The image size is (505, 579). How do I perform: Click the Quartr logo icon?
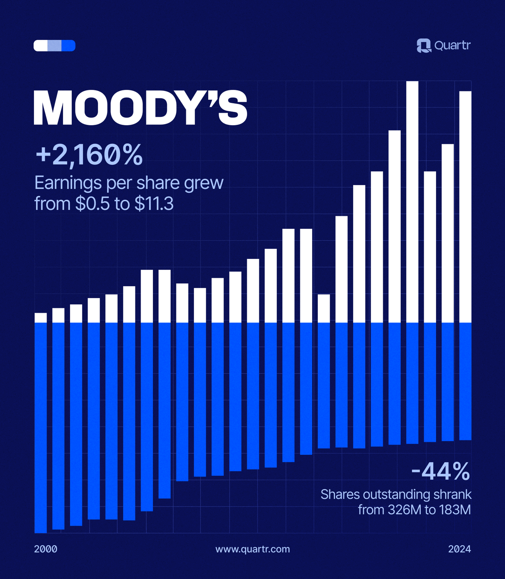pyautogui.click(x=424, y=46)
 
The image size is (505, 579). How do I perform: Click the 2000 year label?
pyautogui.click(x=46, y=549)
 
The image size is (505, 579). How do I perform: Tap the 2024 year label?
pyautogui.click(x=459, y=549)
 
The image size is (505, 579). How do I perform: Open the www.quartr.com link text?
pyautogui.click(x=252, y=549)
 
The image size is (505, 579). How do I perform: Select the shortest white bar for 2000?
pyautogui.click(x=41, y=318)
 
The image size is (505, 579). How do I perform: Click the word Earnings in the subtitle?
pyautogui.click(x=68, y=183)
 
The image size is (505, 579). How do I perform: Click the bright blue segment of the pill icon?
pyautogui.click(x=69, y=46)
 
